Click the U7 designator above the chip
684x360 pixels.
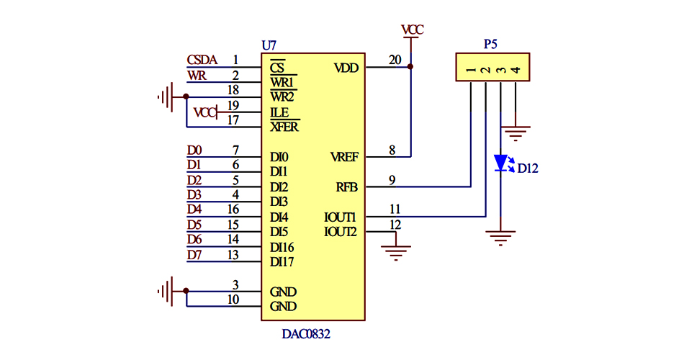(x=269, y=45)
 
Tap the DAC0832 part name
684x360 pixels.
(x=306, y=335)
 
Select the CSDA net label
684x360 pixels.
(x=202, y=60)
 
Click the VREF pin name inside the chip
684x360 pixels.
(x=344, y=157)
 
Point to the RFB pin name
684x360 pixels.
(x=347, y=187)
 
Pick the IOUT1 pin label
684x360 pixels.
(x=341, y=217)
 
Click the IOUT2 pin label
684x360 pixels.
(x=341, y=232)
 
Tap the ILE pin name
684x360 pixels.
(x=279, y=112)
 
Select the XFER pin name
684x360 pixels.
(x=284, y=127)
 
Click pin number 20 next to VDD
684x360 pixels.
(x=395, y=60)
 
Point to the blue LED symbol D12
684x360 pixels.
(x=501, y=163)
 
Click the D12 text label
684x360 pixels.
(x=528, y=169)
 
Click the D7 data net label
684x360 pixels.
(x=194, y=254)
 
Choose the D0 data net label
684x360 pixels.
(x=194, y=150)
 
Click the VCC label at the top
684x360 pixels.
(x=413, y=30)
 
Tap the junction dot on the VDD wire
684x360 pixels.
(x=410, y=67)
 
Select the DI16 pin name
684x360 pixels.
(x=282, y=247)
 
